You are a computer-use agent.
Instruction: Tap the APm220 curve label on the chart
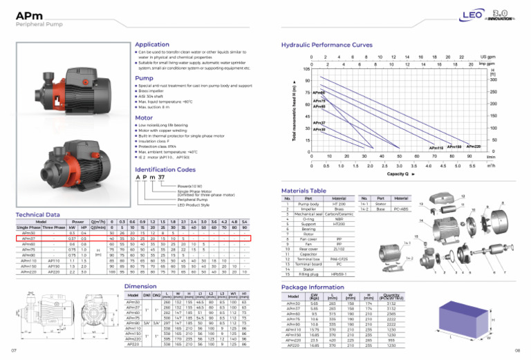(x=474, y=146)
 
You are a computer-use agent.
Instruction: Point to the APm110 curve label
(x=436, y=148)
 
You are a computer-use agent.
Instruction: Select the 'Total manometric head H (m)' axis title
(x=297, y=111)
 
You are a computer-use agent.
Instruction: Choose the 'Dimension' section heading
(x=139, y=285)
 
